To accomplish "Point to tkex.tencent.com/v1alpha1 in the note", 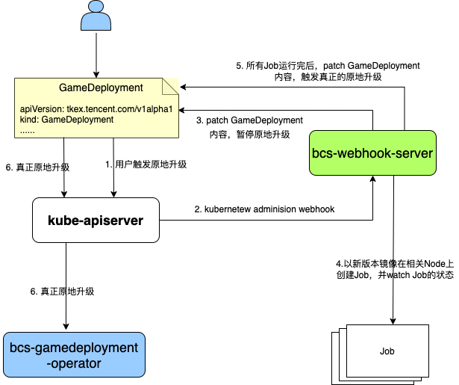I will (x=120, y=109).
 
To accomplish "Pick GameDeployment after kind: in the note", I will (x=79, y=119).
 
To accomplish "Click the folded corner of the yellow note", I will (x=171, y=85).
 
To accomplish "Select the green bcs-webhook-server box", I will (x=372, y=153).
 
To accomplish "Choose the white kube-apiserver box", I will (x=96, y=220).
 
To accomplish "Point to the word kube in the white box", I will (x=61, y=220).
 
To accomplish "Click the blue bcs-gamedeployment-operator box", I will (x=74, y=354).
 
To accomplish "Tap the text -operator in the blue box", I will (x=74, y=363).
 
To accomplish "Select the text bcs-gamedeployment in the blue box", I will (x=74, y=348).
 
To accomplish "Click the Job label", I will (x=387, y=351).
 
